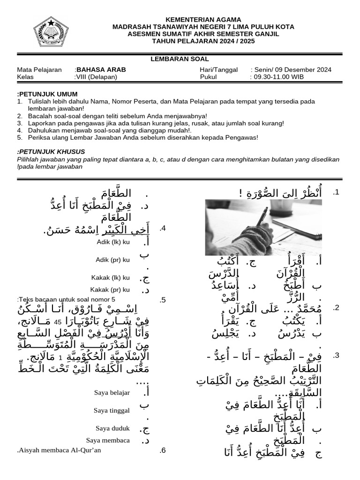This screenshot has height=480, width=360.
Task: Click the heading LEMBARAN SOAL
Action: (180, 59)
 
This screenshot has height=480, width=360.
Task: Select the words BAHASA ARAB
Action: (101, 70)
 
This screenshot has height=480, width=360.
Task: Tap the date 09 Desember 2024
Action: (305, 70)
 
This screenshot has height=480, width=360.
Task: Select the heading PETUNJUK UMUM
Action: (47, 94)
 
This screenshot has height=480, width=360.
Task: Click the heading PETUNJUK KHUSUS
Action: (51, 152)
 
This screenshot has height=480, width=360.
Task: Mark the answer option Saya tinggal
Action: (112, 411)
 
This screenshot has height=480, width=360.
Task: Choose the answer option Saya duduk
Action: (112, 428)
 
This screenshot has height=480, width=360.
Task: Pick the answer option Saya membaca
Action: (108, 440)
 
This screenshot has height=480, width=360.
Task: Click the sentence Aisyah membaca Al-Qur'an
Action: (59, 450)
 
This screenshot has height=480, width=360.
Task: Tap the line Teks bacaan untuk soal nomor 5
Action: (66, 300)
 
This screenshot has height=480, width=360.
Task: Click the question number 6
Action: (163, 450)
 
